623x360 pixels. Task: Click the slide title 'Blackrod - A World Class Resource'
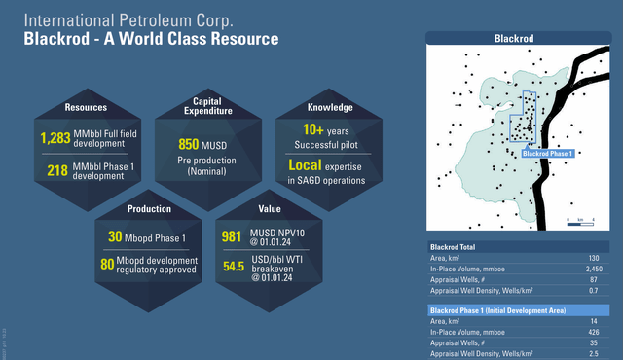click(151, 40)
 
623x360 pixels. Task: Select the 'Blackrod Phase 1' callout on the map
click(547, 152)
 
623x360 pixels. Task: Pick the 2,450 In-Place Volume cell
click(591, 268)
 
